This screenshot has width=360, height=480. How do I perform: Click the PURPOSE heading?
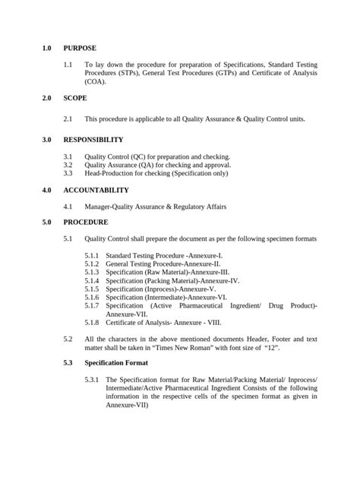81,48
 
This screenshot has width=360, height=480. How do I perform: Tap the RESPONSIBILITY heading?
93,140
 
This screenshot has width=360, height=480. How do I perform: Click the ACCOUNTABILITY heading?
96,190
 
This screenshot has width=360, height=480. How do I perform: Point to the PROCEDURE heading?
86,223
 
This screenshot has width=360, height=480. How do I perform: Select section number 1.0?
47,48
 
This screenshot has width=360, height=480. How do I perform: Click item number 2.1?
68,119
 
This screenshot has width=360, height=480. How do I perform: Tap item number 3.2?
68,164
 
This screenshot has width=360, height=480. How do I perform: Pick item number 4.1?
68,206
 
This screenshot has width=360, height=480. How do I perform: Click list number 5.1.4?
92,280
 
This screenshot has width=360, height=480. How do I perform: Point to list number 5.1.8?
92,322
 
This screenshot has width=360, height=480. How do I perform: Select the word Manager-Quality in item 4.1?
109,206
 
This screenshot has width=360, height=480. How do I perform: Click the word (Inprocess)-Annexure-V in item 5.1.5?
180,289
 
